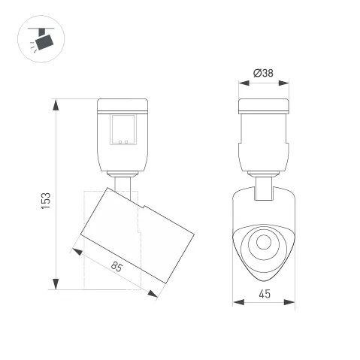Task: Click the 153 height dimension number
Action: tap(46, 200)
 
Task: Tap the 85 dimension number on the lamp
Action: tap(116, 266)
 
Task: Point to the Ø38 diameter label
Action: tap(263, 73)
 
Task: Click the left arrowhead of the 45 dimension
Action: tap(237, 304)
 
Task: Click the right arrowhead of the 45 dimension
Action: tap(291, 304)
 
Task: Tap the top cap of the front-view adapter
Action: tap(263, 105)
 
